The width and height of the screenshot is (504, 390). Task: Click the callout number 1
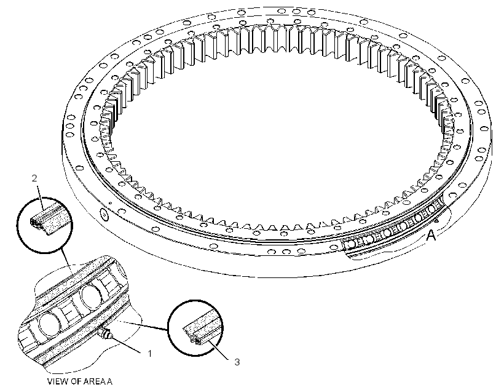coord(149,353)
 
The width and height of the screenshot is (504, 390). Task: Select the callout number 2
coord(34,178)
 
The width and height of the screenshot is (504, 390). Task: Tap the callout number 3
coord(237,362)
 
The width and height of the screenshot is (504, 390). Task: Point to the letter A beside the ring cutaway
coord(431,235)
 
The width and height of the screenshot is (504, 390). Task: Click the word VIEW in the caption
coord(57,381)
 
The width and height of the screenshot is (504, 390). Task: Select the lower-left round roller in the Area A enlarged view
coord(49,325)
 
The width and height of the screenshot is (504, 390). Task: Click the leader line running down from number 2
coord(40,194)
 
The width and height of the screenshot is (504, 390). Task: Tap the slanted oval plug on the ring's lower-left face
coord(104,213)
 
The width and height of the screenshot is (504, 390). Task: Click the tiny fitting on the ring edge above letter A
coord(436,221)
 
